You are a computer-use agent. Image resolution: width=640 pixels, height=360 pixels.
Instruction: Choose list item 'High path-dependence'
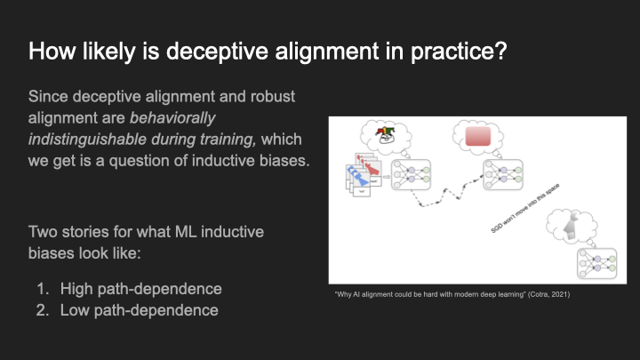click(x=140, y=288)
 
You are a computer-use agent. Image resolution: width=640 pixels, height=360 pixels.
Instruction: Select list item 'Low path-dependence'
click(x=139, y=310)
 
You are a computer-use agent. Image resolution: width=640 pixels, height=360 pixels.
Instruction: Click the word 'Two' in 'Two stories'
click(x=44, y=233)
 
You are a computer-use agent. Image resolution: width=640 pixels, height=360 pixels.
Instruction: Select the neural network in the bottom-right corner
click(x=596, y=263)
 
